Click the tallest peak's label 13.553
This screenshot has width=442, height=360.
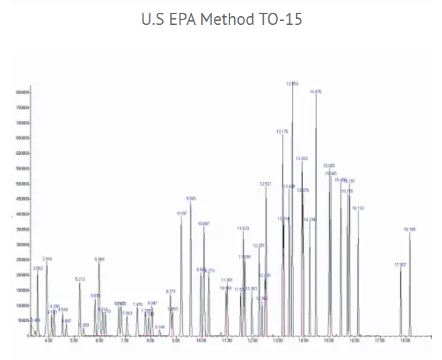292,83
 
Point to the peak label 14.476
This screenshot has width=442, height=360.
316,91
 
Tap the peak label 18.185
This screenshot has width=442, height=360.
410,229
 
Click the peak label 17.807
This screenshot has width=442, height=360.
400,264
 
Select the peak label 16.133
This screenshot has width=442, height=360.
358,208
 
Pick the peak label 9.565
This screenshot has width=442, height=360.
191,199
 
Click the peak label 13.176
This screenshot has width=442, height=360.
283,132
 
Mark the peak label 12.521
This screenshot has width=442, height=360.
266,183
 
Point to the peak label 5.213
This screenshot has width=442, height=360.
80,279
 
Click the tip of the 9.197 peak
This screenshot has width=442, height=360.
181,217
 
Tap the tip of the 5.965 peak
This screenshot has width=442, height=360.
99,262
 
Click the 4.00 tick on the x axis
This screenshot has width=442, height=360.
48,342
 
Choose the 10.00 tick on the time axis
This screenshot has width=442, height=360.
201,342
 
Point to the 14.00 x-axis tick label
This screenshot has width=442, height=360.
303,342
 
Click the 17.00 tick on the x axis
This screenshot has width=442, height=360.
379,342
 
